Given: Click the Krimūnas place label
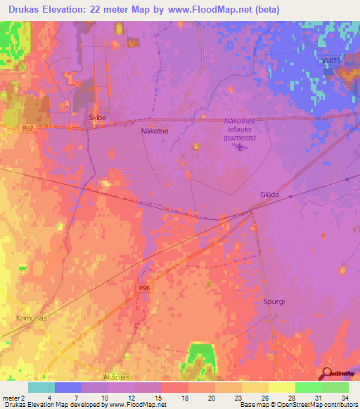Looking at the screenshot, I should point(31,318).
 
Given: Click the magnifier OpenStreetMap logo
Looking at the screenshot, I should point(328,373).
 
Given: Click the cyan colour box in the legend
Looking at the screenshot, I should point(41,387).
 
